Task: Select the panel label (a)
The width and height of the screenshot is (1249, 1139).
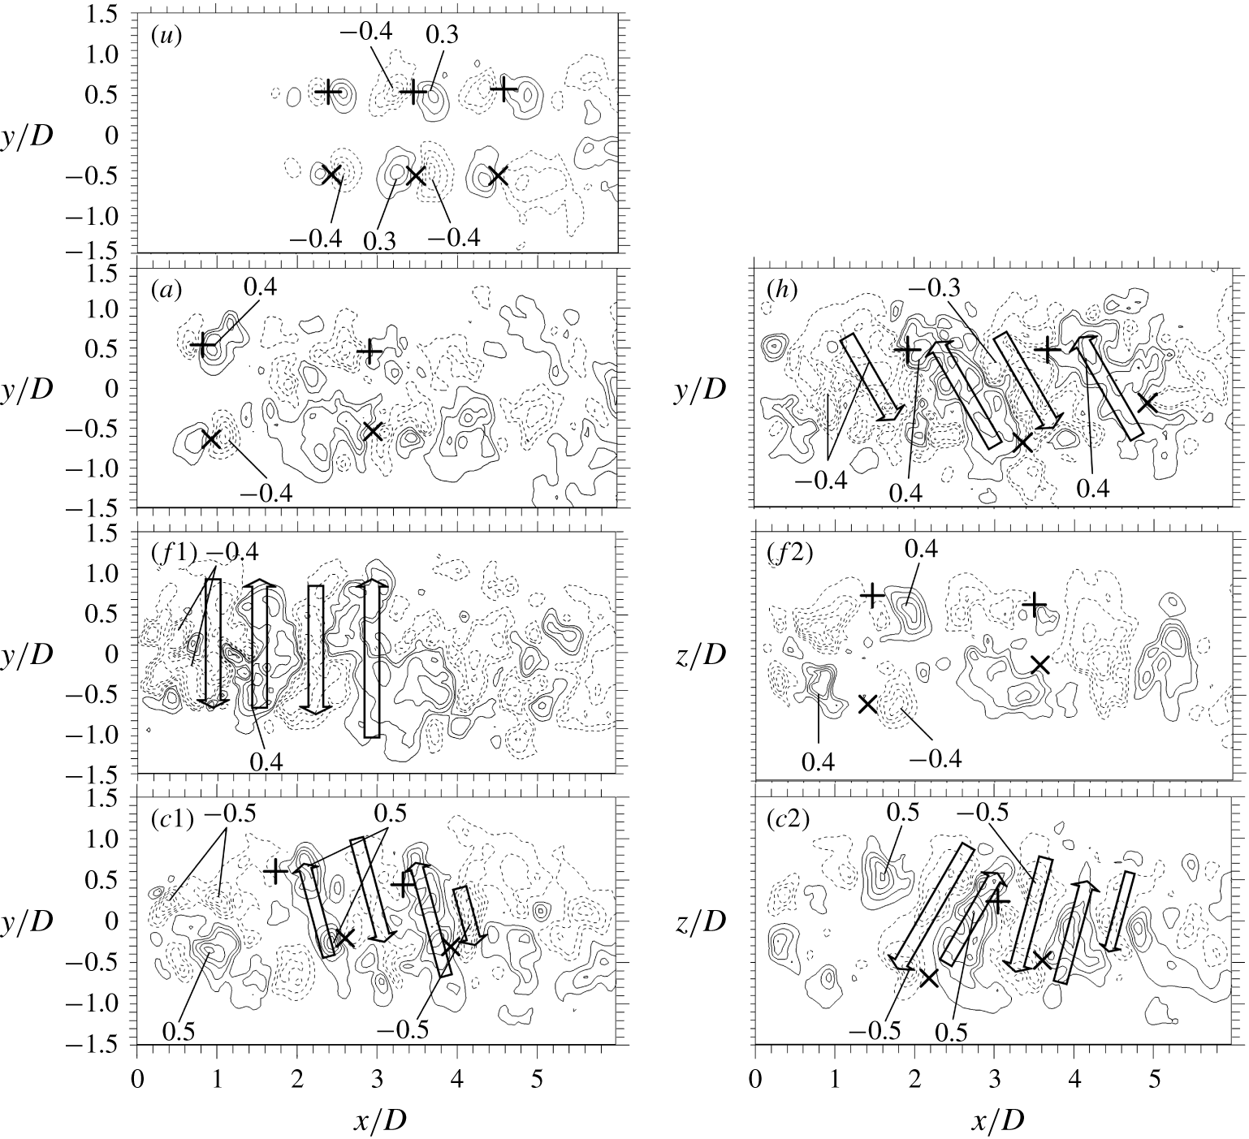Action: coord(164,289)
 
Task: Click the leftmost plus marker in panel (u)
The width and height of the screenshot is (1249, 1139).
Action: coord(327,92)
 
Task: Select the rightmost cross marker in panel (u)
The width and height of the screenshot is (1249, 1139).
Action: coord(497,175)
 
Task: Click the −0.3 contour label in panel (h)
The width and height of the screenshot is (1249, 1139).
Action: coord(941,287)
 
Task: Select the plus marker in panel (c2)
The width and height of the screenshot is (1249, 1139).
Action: coord(998,901)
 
